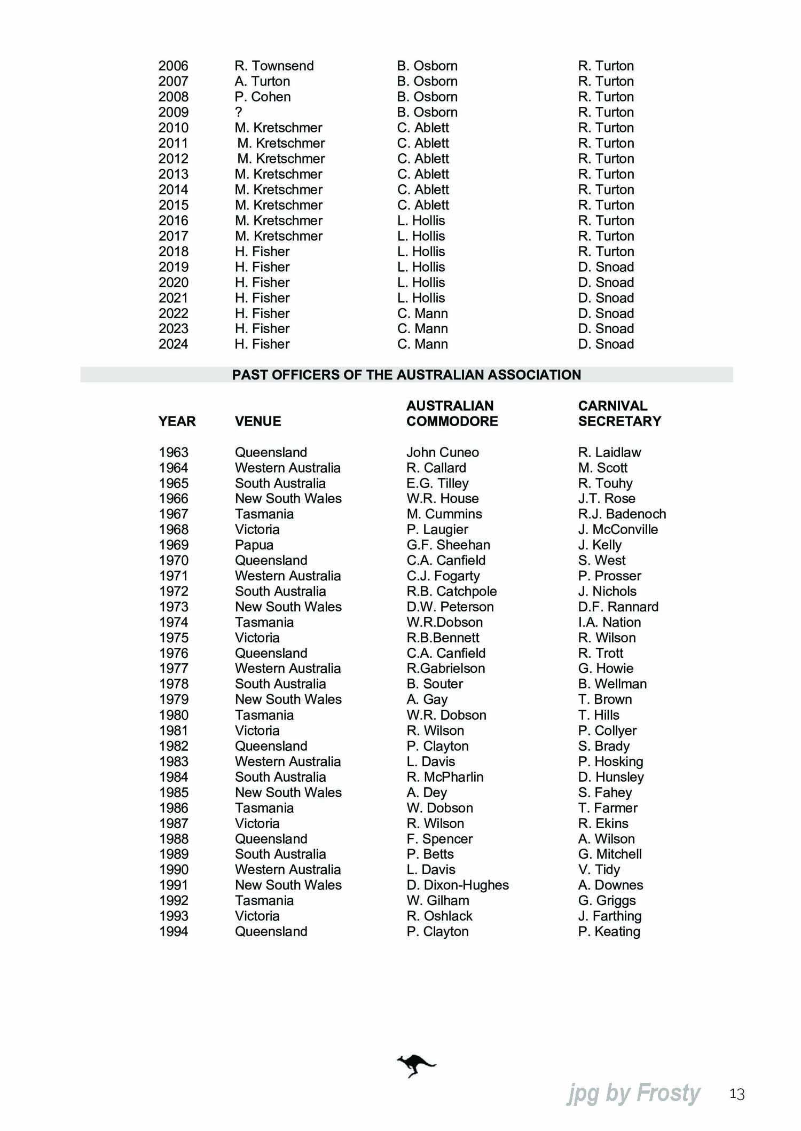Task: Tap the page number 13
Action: point(736,1095)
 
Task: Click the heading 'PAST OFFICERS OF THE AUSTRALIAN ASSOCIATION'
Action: point(406,375)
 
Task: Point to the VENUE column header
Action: point(258,421)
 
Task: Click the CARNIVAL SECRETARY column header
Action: point(619,413)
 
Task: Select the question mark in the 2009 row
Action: point(239,112)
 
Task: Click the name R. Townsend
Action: point(274,66)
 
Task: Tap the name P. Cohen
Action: point(263,97)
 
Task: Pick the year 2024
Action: point(174,344)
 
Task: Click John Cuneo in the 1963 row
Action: point(443,452)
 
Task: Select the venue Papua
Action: point(254,545)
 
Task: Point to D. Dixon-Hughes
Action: point(458,885)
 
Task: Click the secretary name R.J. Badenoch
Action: point(622,514)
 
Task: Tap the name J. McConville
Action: point(618,529)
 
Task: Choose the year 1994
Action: point(174,931)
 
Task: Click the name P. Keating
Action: point(609,931)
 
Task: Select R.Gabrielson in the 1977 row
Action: point(446,669)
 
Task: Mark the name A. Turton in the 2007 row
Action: point(262,81)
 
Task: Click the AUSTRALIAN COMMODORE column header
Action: point(452,413)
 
